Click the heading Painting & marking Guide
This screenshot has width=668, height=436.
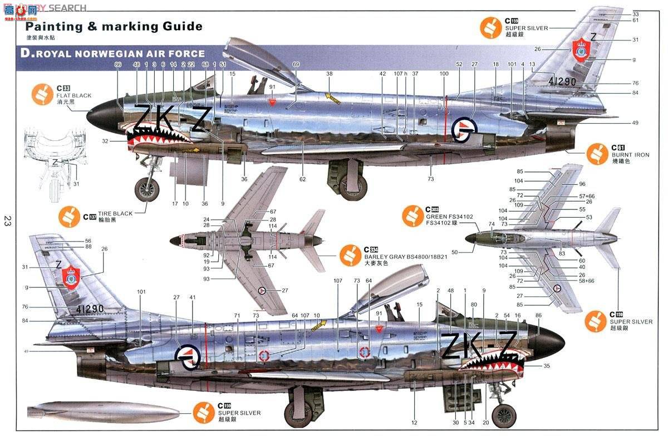click(x=114, y=27)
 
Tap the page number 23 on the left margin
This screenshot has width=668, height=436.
click(x=7, y=221)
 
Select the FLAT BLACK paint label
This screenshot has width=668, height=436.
click(x=73, y=96)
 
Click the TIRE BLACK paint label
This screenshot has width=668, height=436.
click(x=115, y=214)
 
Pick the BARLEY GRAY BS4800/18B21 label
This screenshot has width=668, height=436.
click(x=393, y=257)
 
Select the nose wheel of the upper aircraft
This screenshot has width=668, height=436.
click(x=146, y=189)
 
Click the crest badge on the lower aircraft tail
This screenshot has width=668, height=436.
click(x=71, y=276)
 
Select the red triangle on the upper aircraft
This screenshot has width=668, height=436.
click(x=272, y=102)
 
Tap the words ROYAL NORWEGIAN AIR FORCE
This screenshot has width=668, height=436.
click(x=120, y=54)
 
